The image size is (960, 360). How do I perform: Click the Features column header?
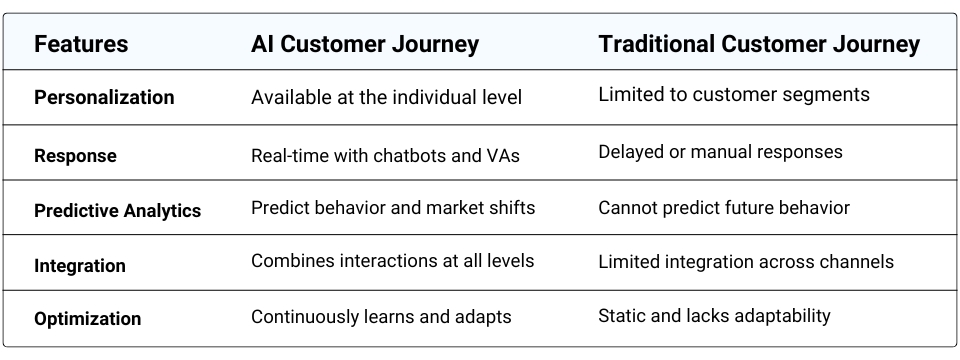[81, 45]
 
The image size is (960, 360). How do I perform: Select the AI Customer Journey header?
[365, 45]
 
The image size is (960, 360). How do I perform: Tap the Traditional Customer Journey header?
[759, 45]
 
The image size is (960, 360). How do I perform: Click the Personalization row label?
[104, 98]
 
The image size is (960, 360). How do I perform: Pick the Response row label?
[75, 156]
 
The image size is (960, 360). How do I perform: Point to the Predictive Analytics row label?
[117, 211]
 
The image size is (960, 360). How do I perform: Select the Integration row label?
[80, 266]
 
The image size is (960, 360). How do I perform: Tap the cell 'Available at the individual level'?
[386, 97]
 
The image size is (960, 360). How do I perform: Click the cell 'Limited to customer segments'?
[734, 95]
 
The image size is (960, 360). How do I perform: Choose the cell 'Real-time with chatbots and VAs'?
[385, 154]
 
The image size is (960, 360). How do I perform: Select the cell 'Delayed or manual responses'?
[720, 152]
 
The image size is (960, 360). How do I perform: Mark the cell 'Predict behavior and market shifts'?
[393, 208]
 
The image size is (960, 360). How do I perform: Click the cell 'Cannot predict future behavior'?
[724, 208]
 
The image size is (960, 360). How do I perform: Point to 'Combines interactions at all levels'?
[392, 261]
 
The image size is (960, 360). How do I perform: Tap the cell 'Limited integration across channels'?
[746, 262]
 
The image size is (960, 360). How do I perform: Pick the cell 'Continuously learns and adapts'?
[381, 317]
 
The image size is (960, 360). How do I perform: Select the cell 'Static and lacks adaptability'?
[714, 316]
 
